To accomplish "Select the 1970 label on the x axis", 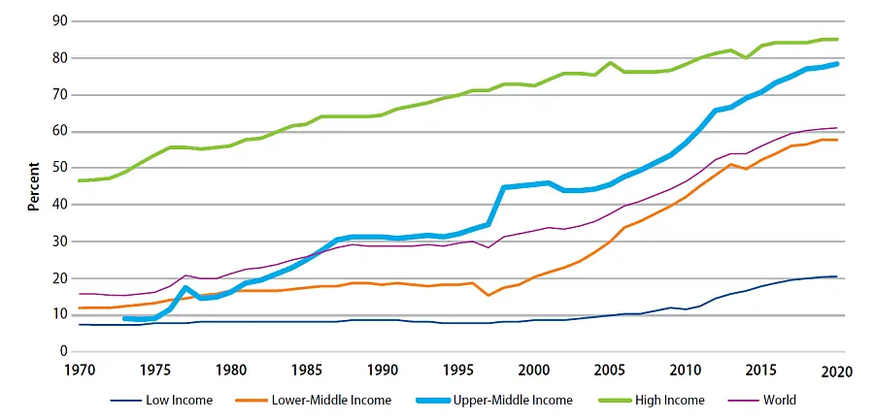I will pyautogui.click(x=81, y=369).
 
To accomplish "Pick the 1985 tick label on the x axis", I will pyautogui.click(x=307, y=369).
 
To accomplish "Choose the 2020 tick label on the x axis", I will pyautogui.click(x=836, y=369).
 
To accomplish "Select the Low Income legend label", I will pyautogui.click(x=180, y=399).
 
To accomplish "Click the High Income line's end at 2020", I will pyautogui.click(x=836, y=40).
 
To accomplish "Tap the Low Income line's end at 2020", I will pyautogui.click(x=836, y=276).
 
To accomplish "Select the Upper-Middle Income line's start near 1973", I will pyautogui.click(x=126, y=318).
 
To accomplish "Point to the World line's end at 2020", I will pyautogui.click(x=836, y=128).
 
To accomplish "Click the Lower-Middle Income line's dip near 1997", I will pyautogui.click(x=487, y=295).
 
